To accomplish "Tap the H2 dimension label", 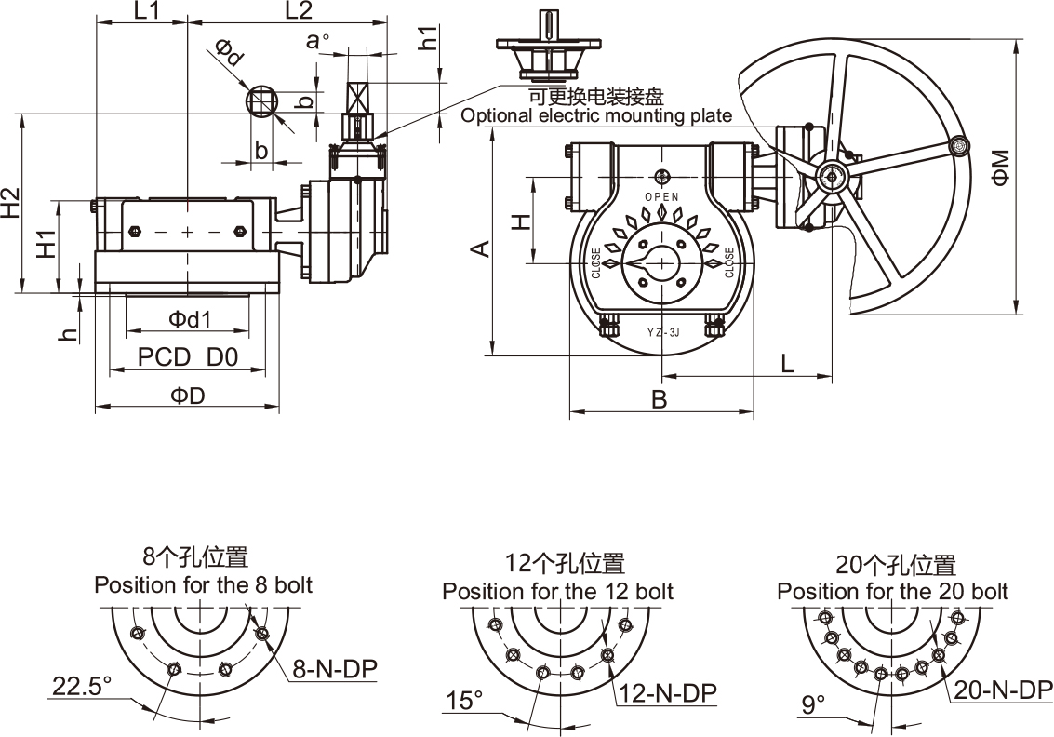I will coord(10,204).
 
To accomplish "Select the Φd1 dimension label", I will coord(190,319).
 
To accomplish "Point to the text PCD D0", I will coord(188,356).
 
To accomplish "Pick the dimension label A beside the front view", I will coord(478,248).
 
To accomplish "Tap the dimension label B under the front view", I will coord(659,400).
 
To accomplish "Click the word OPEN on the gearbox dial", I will coord(661,196).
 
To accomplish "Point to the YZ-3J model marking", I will coord(661,331).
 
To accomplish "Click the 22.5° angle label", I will coord(81,687).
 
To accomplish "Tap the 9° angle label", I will coord(813,704).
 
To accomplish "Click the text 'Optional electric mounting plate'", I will coord(596,115).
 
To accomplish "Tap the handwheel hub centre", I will coord(830,174).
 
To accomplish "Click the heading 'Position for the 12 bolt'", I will coord(557,591).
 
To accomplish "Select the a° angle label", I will coord(319,40).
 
